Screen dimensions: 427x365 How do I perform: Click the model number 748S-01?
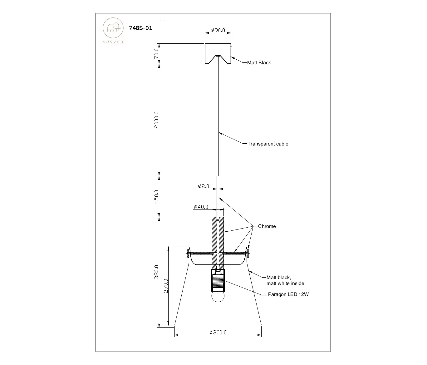(140, 28)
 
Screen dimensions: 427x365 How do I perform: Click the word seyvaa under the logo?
(113, 42)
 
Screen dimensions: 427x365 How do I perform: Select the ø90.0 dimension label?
(218, 30)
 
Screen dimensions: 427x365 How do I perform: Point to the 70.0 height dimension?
(157, 53)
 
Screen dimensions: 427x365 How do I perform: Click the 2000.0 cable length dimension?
(157, 120)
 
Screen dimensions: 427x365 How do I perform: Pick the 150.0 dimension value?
(157, 196)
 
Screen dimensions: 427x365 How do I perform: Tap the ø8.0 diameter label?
(204, 186)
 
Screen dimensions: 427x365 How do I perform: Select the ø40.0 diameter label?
(201, 207)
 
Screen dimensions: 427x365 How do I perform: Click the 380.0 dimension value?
(157, 272)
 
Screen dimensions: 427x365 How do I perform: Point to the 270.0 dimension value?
(166, 286)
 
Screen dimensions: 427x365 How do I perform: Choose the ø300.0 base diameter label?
(218, 332)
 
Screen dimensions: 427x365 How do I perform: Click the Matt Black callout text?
(259, 63)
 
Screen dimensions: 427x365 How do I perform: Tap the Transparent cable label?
(268, 144)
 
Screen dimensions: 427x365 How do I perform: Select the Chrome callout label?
(267, 226)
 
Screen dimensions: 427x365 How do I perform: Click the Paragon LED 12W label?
(288, 294)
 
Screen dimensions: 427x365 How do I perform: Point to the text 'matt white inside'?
(285, 284)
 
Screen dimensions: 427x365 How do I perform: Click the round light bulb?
(218, 296)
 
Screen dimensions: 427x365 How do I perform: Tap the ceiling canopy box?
(218, 54)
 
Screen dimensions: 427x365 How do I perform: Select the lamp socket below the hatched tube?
(218, 280)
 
